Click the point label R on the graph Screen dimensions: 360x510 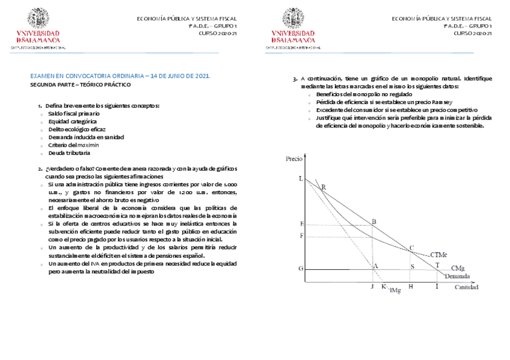pyautogui.click(x=324, y=188)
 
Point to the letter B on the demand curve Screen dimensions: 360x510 pyautogui.click(x=374, y=222)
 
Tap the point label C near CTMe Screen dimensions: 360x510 pyautogui.click(x=411, y=248)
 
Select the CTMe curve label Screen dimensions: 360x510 pyautogui.click(x=438, y=255)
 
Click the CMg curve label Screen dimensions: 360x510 pyautogui.click(x=458, y=267)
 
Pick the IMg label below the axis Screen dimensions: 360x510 pyautogui.click(x=395, y=291)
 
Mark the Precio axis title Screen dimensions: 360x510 pyautogui.click(x=294, y=159)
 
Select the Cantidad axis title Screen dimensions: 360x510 pyautogui.click(x=467, y=288)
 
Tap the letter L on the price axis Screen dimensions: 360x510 pyautogui.click(x=301, y=179)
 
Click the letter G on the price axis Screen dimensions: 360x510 pyautogui.click(x=301, y=268)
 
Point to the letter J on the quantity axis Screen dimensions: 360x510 pyautogui.click(x=372, y=287)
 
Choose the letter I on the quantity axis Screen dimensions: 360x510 pyautogui.click(x=437, y=287)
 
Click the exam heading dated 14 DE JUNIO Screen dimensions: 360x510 pyautogui.click(x=120, y=77)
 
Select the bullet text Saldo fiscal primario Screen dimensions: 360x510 pyautogui.click(x=74, y=114)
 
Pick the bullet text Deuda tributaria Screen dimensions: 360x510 pyautogui.click(x=70, y=153)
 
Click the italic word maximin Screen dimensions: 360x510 pyautogui.click(x=88, y=145)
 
